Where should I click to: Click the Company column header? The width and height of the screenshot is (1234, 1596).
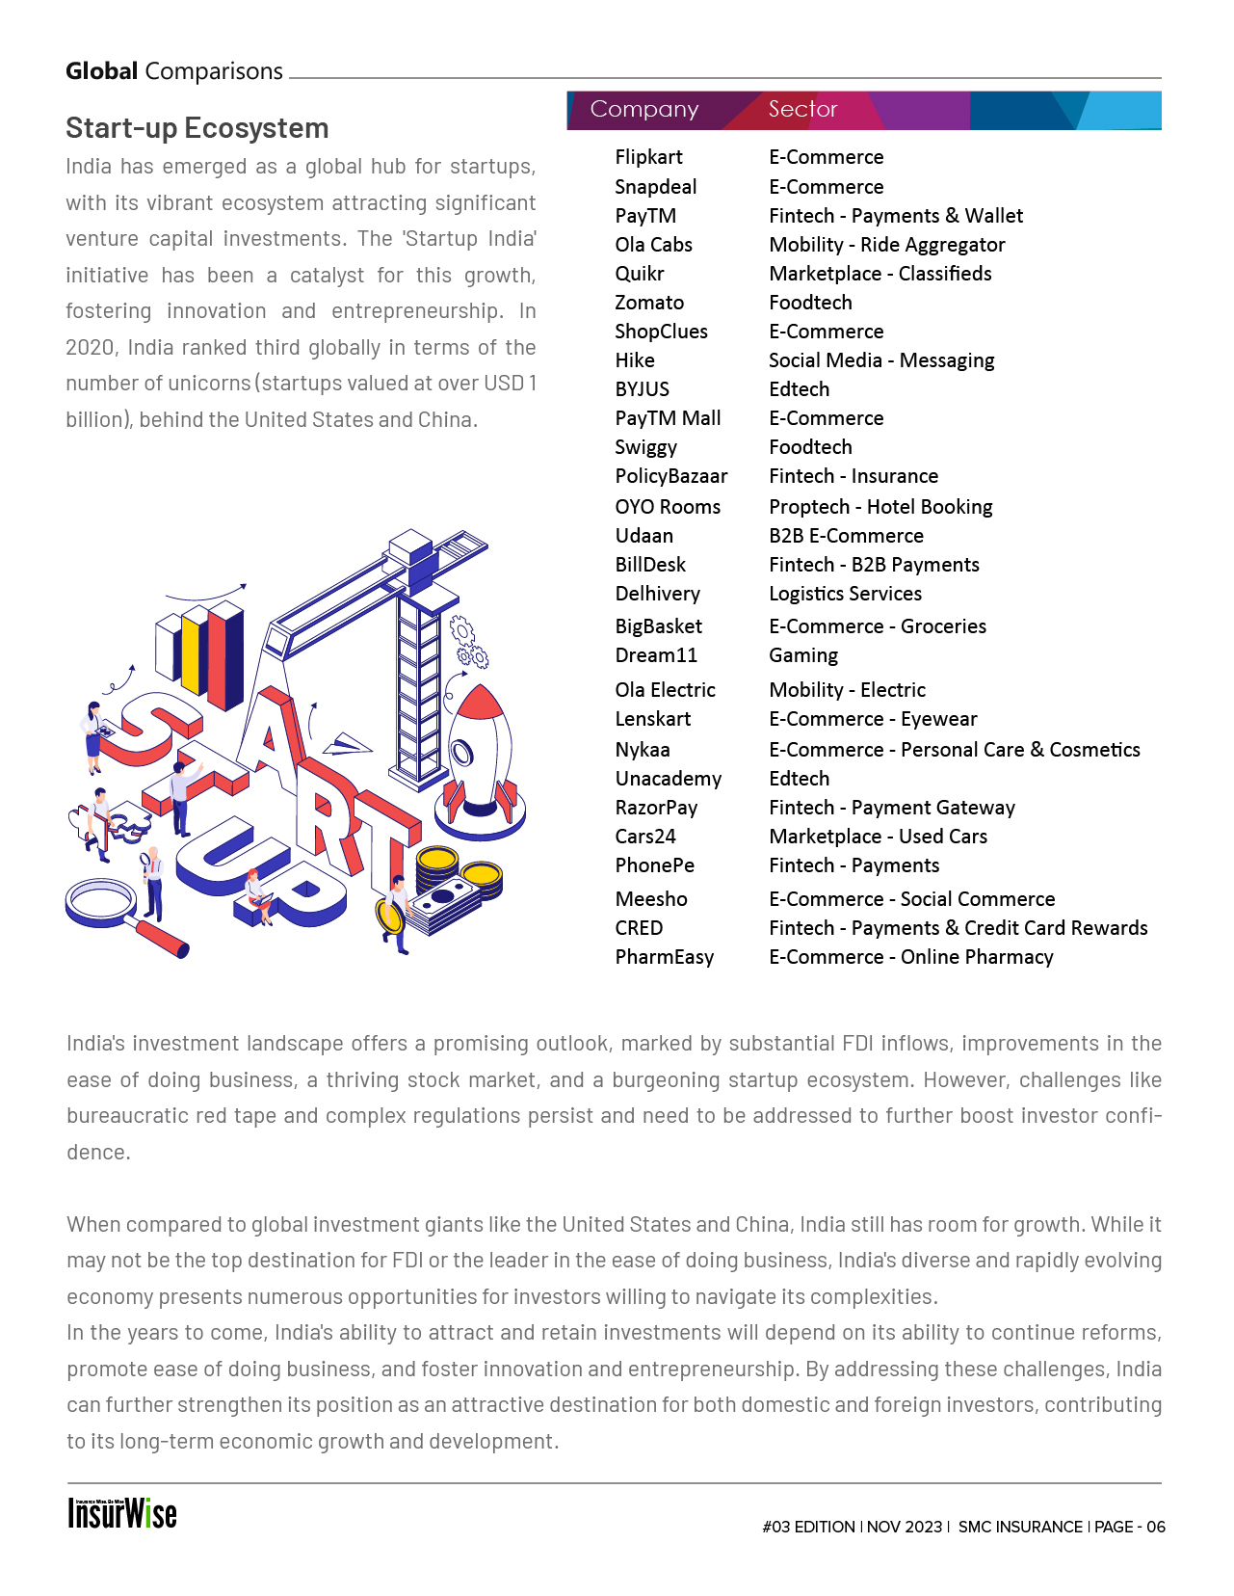tap(643, 110)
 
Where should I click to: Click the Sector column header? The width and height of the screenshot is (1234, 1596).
tap(802, 110)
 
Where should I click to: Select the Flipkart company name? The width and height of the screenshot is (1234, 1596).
tap(648, 157)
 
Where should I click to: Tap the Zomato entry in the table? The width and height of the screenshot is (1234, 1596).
tap(649, 303)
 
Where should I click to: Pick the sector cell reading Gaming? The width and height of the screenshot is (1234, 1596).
tap(803, 655)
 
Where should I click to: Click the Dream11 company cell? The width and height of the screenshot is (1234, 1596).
tap(656, 655)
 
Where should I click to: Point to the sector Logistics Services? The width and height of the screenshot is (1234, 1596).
tap(845, 594)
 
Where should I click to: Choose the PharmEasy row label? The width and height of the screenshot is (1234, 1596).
tap(664, 957)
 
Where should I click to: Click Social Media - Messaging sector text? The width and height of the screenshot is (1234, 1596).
tap(881, 360)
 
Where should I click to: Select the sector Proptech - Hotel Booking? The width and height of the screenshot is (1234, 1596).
tap(880, 507)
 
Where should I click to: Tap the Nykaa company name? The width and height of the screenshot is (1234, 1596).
tap(643, 750)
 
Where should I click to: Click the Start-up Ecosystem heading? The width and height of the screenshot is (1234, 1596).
tap(197, 128)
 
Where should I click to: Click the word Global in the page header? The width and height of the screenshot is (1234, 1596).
tap(102, 71)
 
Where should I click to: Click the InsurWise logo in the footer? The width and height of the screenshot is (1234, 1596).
tap(122, 1514)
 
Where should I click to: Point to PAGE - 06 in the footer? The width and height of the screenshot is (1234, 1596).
tap(1130, 1527)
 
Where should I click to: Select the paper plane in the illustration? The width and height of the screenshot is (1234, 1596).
tap(346, 744)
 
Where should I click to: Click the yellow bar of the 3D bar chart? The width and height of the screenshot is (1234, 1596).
tap(192, 652)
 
